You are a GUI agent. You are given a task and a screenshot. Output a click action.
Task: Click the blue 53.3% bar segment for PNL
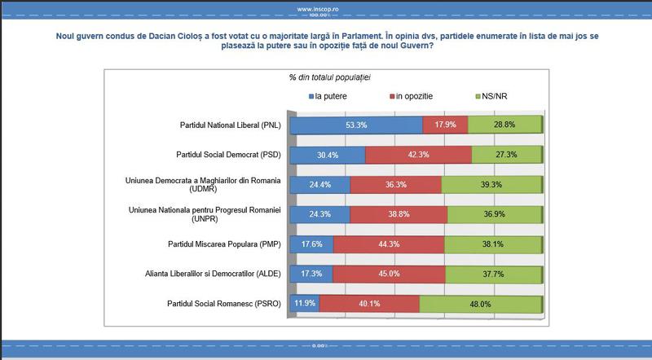coord(356,125)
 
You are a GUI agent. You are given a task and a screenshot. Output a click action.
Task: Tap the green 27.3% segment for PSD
coord(506,155)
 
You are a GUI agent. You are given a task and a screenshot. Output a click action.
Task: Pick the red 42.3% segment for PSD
coord(418,155)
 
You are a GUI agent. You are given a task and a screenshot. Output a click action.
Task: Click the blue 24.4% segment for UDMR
coord(319,185)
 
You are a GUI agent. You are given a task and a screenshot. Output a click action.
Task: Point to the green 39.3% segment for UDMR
coord(491,185)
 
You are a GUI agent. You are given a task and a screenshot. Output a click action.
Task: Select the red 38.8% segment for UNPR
coord(398,214)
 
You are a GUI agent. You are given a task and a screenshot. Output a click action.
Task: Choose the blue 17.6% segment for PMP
coord(311,244)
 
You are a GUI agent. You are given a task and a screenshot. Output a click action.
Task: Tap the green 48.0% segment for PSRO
coord(480,305)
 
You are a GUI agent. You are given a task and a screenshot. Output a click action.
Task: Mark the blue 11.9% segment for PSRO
coord(305,305)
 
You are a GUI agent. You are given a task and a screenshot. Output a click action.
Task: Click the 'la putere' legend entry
coord(334,96)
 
